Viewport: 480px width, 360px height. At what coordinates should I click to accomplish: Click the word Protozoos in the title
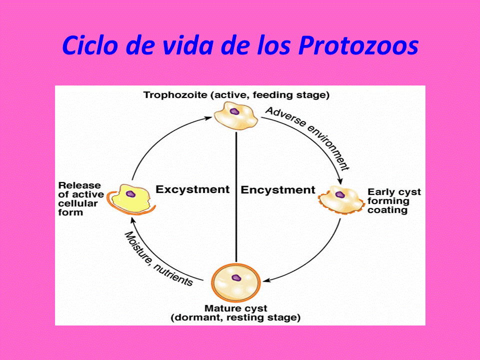[358, 46]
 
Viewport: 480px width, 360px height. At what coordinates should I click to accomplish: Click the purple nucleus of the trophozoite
[234, 111]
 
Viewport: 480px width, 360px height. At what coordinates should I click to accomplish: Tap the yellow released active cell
[132, 198]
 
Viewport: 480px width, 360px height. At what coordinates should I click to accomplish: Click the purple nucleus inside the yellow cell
[130, 193]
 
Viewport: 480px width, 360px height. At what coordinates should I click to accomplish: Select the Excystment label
[192, 189]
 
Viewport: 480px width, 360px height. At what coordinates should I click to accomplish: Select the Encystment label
[278, 190]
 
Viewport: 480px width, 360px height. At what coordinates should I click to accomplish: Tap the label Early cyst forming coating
[394, 200]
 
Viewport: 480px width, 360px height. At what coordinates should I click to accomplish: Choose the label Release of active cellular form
[80, 198]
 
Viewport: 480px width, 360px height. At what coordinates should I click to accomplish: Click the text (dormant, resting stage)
[235, 317]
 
